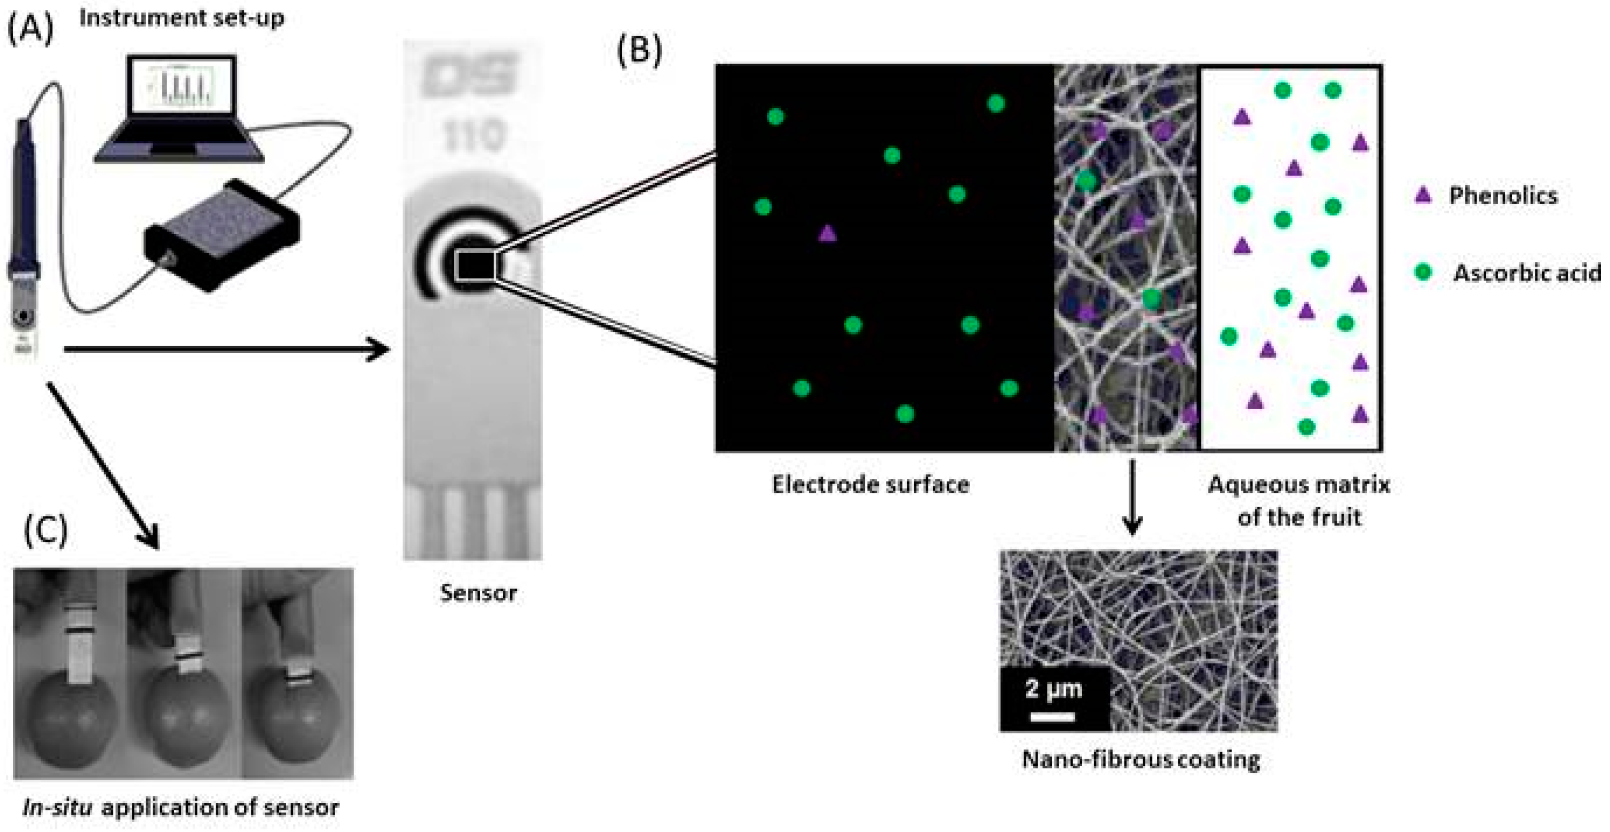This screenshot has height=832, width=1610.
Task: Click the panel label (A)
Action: point(30,28)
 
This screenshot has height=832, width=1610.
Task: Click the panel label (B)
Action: point(639,50)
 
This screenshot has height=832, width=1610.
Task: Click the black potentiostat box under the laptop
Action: point(222,234)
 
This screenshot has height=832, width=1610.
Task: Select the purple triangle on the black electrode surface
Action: point(827,234)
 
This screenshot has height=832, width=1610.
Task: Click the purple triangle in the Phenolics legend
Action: point(1423,195)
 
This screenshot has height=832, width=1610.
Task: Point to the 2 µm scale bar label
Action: point(1054,690)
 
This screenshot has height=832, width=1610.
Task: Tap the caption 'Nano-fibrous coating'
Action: point(1140,760)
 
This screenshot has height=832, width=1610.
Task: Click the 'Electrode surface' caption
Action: point(870,485)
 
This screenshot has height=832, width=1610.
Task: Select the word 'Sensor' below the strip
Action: point(478,593)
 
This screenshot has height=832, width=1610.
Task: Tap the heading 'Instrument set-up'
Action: point(181,18)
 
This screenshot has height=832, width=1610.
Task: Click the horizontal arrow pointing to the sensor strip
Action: point(225,350)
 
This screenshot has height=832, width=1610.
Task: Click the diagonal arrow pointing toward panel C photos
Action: point(103,466)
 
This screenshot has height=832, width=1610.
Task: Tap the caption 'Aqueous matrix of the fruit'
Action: point(1299,500)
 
